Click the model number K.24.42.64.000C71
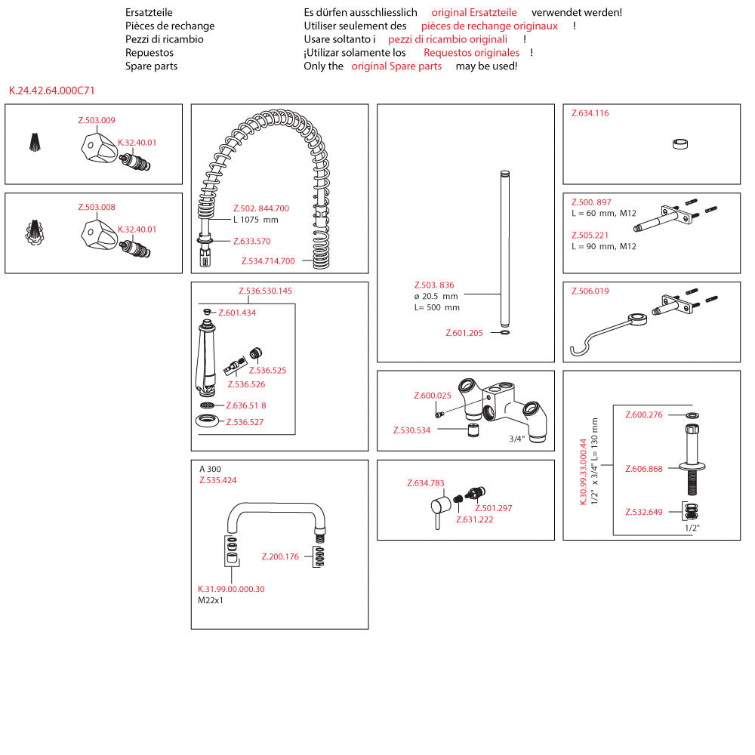(51, 91)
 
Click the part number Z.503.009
(97, 120)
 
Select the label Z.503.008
(97, 207)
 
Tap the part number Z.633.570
(251, 242)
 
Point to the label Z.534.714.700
(268, 261)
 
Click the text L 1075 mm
(256, 220)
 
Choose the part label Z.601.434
(237, 313)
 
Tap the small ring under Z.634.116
(679, 144)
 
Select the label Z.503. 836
(434, 285)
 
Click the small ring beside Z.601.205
(504, 332)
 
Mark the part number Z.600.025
(433, 396)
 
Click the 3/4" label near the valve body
(516, 439)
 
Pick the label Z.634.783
(426, 483)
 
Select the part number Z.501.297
(493, 508)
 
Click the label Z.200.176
(280, 557)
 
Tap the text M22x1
(211, 601)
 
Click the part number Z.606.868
(644, 469)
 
